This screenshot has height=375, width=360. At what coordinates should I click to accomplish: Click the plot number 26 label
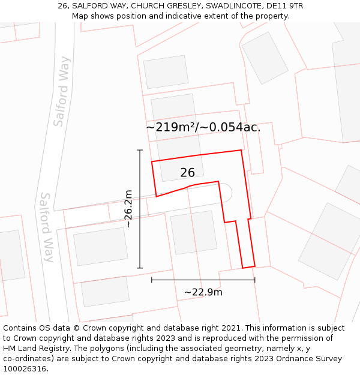(187, 173)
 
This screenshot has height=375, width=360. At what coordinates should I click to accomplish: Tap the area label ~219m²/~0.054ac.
(203, 127)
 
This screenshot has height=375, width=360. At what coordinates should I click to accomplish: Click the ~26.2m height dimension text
(128, 208)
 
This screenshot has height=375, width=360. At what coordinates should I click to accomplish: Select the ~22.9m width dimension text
(203, 292)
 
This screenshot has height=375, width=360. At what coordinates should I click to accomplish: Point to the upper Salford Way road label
(62, 92)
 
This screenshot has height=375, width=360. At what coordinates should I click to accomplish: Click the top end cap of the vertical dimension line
(140, 150)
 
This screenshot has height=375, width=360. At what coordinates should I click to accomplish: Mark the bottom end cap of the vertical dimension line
(140, 268)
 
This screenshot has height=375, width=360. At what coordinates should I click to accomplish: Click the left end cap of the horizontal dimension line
(152, 280)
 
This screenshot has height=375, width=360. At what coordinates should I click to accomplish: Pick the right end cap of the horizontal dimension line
(255, 280)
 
